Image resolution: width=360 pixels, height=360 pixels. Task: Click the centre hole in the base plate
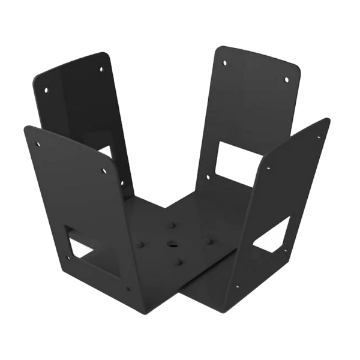(x=172, y=245)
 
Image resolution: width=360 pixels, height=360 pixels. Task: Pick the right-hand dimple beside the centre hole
(x=209, y=241)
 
